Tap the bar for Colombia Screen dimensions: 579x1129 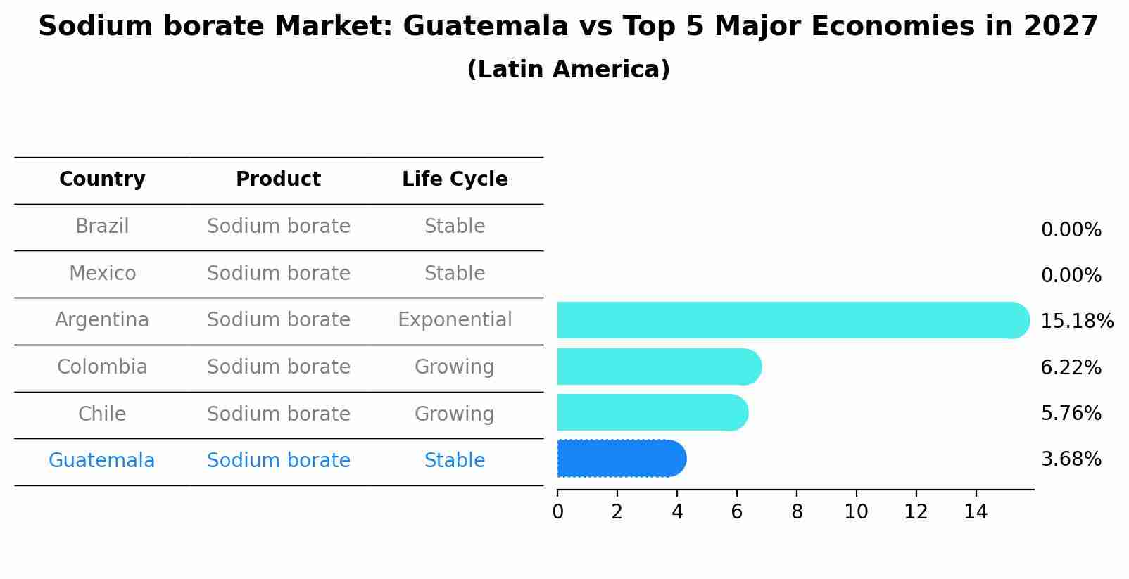[659, 367]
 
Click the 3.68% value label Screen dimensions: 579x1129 [1071, 459]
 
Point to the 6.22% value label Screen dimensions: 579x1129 [1071, 367]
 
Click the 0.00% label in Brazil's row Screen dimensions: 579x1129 [1071, 230]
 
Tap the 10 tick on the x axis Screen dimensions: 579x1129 [856, 512]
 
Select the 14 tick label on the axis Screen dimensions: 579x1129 [976, 512]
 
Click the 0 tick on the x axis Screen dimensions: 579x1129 [557, 512]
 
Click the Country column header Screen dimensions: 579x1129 [102, 179]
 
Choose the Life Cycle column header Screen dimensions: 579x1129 [455, 179]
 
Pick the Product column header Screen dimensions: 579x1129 [278, 179]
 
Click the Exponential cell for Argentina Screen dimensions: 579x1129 [455, 320]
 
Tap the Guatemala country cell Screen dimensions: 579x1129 [101, 461]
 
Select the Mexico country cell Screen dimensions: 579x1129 [102, 273]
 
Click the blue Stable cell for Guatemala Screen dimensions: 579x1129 [455, 461]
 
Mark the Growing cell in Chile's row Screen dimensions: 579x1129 [455, 414]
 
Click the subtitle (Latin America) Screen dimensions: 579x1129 [568, 70]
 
